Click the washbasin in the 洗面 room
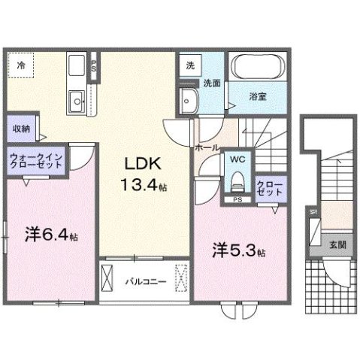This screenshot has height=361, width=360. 188,99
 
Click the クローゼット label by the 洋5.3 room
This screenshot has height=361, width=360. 269,187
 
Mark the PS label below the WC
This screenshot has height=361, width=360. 236,199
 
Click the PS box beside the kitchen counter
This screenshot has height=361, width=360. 93,65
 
